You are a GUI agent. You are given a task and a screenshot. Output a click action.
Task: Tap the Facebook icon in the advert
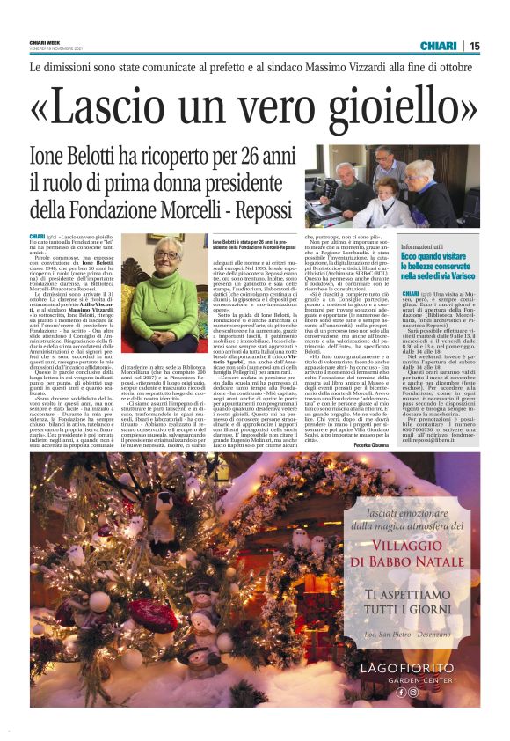[400, 692]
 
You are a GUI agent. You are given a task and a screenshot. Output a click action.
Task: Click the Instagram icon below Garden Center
[412, 692]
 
